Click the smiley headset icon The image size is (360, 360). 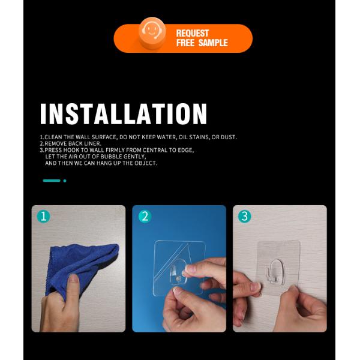[152, 33]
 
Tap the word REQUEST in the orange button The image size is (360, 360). [193, 33]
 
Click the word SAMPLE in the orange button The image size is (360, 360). [213, 43]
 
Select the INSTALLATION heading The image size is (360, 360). [124, 114]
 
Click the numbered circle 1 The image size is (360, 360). [43, 217]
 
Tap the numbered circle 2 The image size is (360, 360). [145, 217]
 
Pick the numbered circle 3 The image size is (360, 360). [245, 217]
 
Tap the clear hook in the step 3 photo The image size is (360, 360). [276, 271]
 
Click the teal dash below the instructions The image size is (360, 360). [52, 181]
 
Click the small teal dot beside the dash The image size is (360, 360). [65, 181]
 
